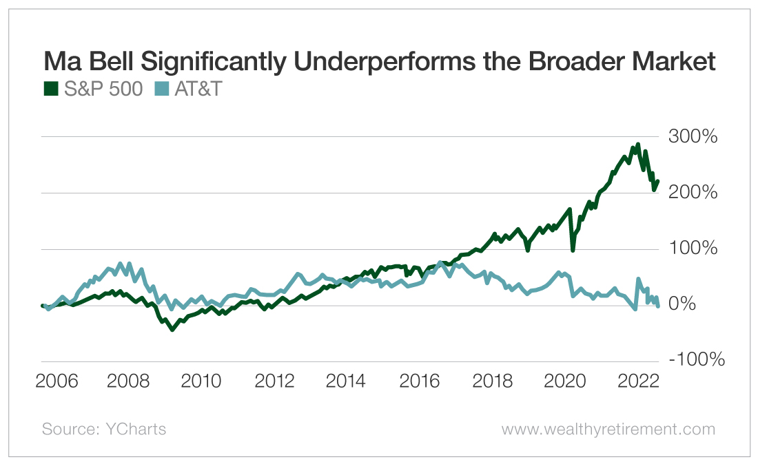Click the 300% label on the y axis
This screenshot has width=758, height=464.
[x=693, y=136]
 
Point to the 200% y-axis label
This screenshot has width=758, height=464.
[x=693, y=192]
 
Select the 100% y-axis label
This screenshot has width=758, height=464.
[x=693, y=248]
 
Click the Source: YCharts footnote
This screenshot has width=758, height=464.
[x=104, y=429]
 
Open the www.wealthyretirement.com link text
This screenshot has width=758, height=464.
[x=608, y=429]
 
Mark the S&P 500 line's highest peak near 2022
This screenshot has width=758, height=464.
[x=638, y=145]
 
